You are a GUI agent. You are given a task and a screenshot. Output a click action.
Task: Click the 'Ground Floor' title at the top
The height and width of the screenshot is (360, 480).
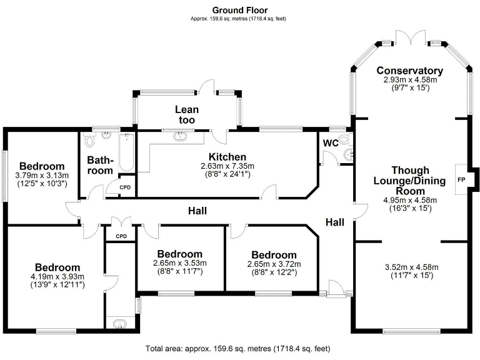[x=240, y=10]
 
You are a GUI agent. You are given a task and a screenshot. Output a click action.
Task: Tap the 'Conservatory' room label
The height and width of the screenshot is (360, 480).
[x=409, y=71]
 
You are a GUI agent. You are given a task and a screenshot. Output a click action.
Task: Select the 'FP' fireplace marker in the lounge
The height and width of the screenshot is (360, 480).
[x=461, y=179]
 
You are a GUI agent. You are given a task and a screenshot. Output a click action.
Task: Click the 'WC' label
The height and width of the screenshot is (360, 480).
[x=331, y=143]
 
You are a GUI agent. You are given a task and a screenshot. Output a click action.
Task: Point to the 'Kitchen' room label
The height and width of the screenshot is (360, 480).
[x=227, y=156]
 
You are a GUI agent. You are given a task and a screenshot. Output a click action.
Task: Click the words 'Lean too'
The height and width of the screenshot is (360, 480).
[x=186, y=114]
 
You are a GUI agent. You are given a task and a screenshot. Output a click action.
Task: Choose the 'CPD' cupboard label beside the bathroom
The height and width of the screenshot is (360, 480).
[x=125, y=187]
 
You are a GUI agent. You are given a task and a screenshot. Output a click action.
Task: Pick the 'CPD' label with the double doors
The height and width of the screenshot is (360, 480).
[x=121, y=236]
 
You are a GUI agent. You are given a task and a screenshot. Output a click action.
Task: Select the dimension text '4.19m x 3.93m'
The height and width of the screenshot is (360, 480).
[x=57, y=277]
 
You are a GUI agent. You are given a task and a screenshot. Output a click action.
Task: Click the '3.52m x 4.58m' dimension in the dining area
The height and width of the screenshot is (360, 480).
[x=409, y=268]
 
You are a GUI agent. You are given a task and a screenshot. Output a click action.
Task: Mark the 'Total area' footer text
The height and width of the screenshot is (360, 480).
[x=237, y=348]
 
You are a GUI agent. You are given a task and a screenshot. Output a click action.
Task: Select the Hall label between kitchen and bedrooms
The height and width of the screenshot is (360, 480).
[x=197, y=211]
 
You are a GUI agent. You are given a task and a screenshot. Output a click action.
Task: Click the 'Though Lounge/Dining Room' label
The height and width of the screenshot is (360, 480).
[x=410, y=181]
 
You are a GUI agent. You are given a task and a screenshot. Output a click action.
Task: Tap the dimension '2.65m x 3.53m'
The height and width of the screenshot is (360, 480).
[x=179, y=263]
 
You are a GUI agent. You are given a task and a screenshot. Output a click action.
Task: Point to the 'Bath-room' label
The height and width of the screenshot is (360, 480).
[x=100, y=165]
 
